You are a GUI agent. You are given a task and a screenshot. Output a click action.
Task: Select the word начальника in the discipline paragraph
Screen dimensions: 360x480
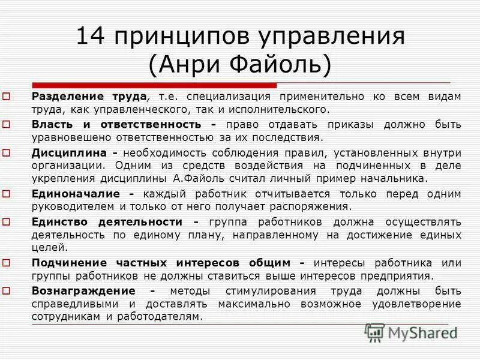pyautogui.click(x=397, y=178)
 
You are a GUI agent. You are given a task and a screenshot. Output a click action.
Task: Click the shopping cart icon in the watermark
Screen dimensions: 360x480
pyautogui.click(x=374, y=332)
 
